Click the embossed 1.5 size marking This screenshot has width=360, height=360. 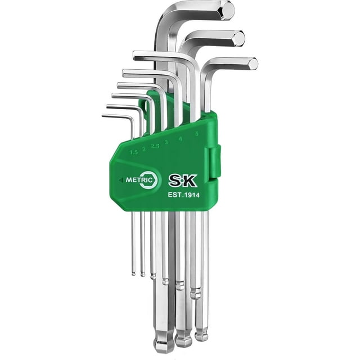[134, 152]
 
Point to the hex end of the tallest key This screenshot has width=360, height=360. [226, 11]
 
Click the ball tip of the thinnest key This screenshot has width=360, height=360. [133, 273]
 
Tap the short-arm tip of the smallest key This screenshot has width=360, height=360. [103, 116]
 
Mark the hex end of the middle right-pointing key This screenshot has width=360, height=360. [238, 38]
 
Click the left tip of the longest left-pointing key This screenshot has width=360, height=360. [135, 55]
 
